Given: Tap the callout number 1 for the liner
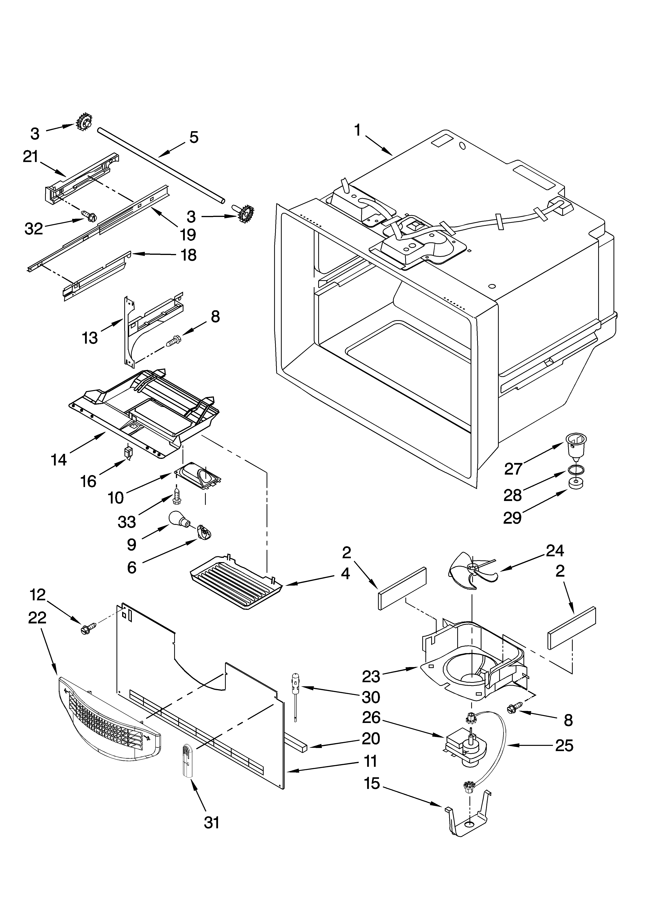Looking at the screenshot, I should click(x=357, y=130).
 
